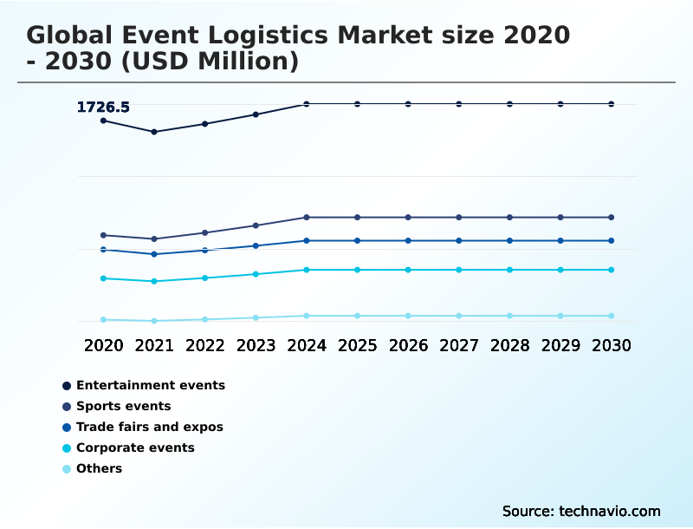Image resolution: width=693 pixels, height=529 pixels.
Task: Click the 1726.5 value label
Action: pyautogui.click(x=103, y=108)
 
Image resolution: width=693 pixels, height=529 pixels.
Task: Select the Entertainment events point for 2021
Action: pyautogui.click(x=154, y=132)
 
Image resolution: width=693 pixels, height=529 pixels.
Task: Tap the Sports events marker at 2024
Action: pyautogui.click(x=307, y=217)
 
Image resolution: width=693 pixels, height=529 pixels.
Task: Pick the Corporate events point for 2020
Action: pyautogui.click(x=103, y=278)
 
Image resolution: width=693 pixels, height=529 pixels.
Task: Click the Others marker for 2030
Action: pyautogui.click(x=611, y=316)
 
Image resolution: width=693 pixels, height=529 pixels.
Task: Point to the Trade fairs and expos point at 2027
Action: pyautogui.click(x=459, y=240)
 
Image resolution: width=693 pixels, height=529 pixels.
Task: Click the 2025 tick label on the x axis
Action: pyautogui.click(x=357, y=345)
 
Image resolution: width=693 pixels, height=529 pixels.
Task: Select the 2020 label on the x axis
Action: pyautogui.click(x=103, y=345)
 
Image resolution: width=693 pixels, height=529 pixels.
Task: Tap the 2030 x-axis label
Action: pyautogui.click(x=611, y=345)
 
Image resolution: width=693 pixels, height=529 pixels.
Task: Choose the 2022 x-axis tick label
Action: pyautogui.click(x=205, y=345)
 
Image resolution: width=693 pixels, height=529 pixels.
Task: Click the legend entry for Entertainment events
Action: pyautogui.click(x=150, y=385)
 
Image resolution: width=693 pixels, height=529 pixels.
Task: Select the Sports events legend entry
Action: pyautogui.click(x=123, y=406)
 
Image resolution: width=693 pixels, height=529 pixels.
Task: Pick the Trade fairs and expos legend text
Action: pyautogui.click(x=149, y=427)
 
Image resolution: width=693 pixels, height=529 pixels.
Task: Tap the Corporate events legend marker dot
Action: pyautogui.click(x=67, y=448)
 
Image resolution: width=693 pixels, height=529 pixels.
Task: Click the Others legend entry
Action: pyautogui.click(x=99, y=468)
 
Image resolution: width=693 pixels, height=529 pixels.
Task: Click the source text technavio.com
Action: pyautogui.click(x=609, y=511)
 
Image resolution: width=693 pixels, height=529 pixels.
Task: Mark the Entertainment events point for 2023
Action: pyautogui.click(x=256, y=114)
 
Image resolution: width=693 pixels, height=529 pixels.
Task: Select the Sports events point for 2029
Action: pyautogui.click(x=560, y=217)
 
